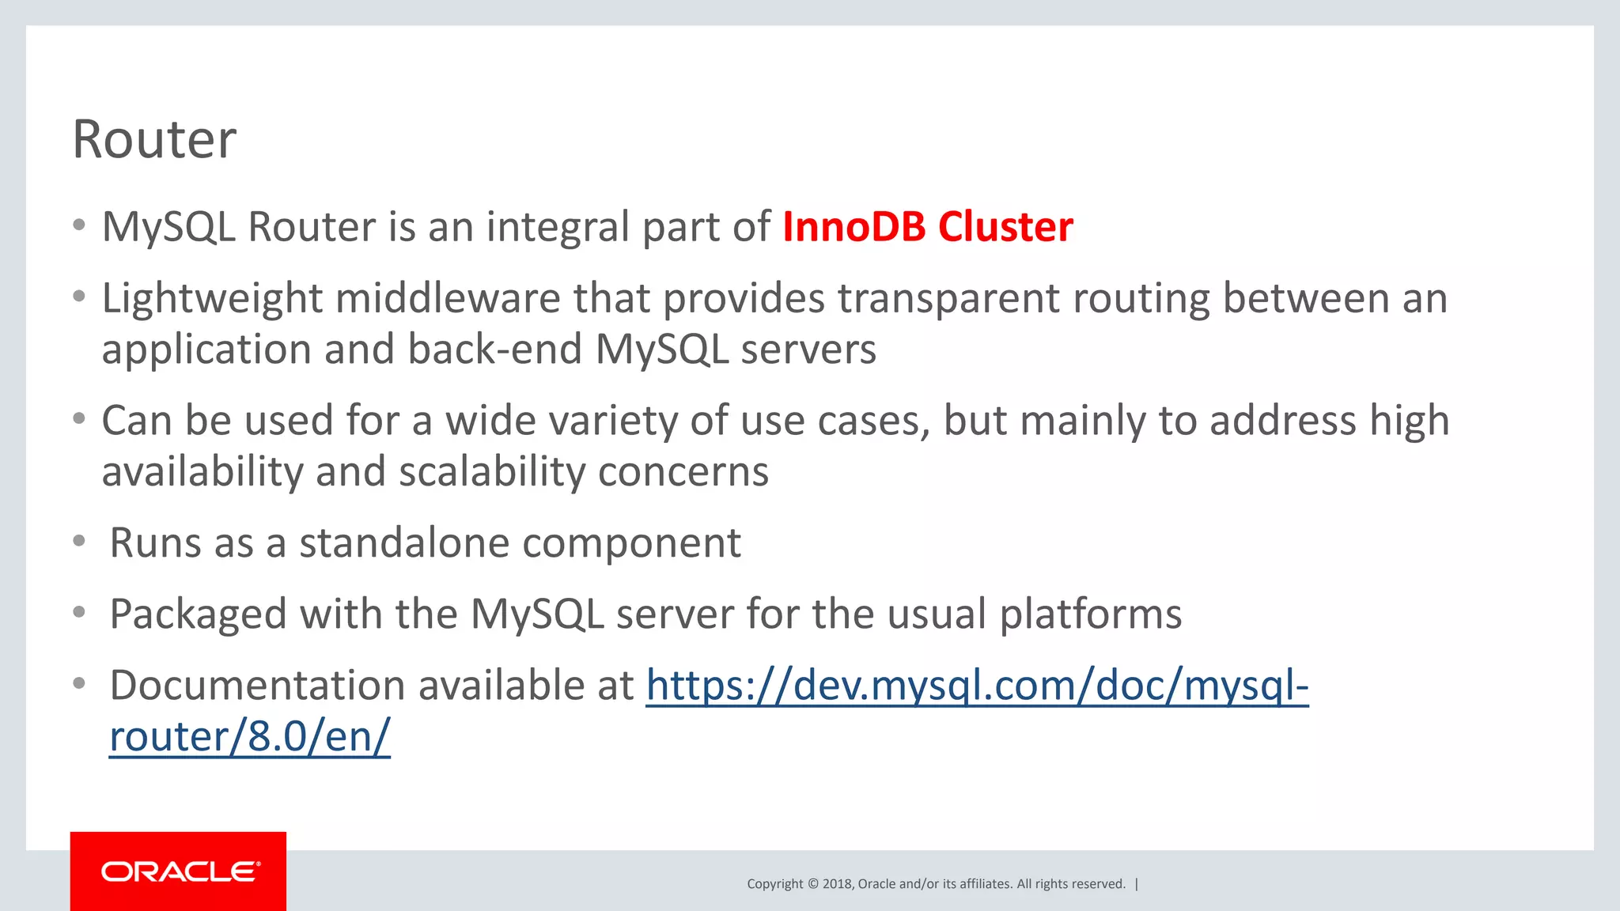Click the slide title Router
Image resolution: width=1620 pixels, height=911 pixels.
click(154, 140)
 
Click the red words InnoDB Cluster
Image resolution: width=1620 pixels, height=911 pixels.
click(927, 227)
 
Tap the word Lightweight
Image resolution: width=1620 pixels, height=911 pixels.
click(212, 300)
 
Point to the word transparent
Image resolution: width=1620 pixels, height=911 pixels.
click(948, 300)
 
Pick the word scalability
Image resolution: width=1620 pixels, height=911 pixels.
click(491, 472)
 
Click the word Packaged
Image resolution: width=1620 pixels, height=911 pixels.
click(198, 614)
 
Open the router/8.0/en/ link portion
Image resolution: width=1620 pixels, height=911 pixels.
click(249, 737)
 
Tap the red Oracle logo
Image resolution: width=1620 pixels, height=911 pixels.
click(179, 871)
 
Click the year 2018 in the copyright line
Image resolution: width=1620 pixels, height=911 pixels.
click(836, 884)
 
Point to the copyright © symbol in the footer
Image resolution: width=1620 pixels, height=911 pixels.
click(812, 884)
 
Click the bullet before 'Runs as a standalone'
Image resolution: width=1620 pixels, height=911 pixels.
click(78, 541)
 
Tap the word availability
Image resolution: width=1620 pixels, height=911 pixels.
click(202, 472)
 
